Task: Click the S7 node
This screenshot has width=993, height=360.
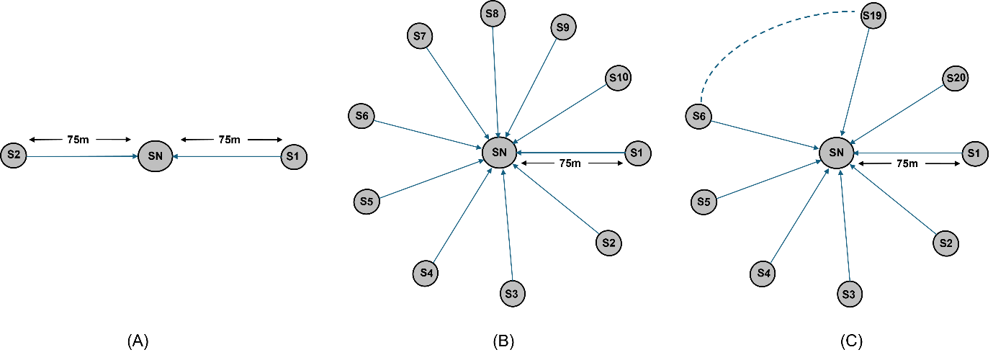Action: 420,36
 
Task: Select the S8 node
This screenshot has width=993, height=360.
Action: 493,14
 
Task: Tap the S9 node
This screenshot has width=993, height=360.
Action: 564,27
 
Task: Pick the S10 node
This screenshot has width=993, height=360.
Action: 619,78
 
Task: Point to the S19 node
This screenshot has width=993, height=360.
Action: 873,16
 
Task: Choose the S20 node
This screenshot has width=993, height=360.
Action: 956,79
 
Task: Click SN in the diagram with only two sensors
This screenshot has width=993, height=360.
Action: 155,156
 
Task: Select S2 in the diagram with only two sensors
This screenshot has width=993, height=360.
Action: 14,156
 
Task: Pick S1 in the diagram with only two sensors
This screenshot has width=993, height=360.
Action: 293,156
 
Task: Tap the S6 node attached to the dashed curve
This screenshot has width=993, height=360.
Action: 698,117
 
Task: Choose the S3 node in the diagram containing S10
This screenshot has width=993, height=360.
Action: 512,294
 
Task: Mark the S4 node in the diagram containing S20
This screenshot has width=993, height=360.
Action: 764,274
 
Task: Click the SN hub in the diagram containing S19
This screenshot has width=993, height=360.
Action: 836,153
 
